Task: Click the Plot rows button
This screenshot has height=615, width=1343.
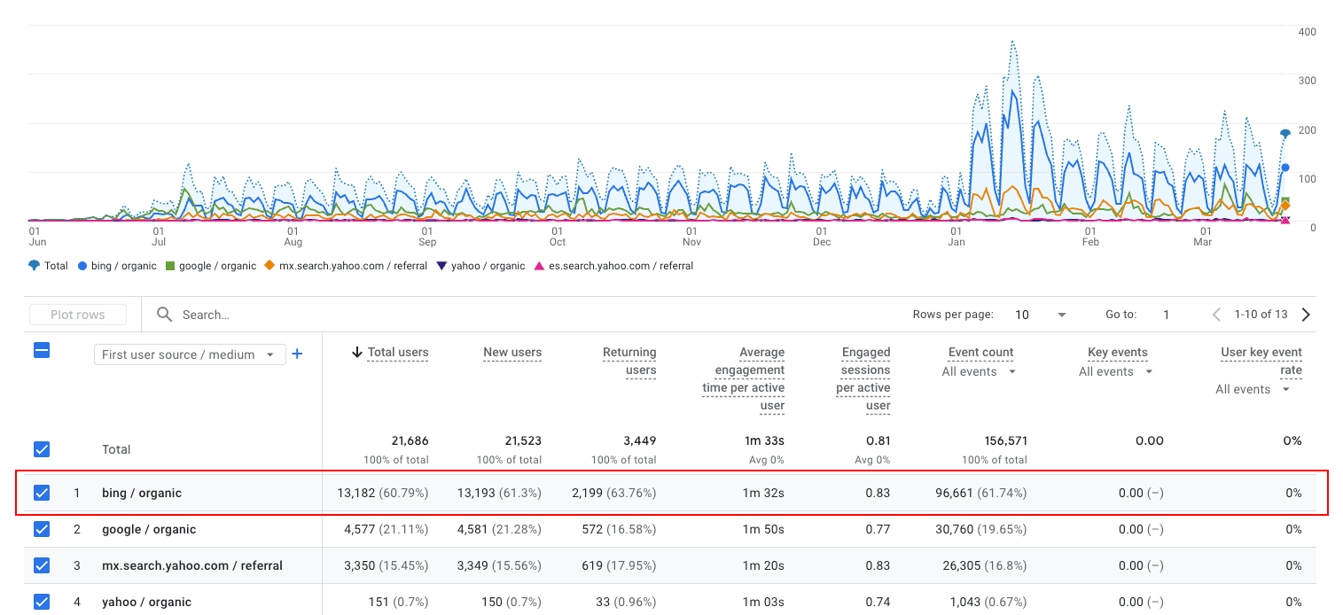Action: coord(78,315)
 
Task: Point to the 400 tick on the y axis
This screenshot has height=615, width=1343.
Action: coord(1307,32)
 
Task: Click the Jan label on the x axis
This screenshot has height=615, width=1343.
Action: coord(956,242)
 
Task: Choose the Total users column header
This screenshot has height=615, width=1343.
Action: coord(397,352)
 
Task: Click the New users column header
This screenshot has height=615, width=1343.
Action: coord(511,352)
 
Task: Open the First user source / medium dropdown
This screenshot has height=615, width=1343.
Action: coord(190,354)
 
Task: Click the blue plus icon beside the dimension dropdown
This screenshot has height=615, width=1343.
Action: coord(298,354)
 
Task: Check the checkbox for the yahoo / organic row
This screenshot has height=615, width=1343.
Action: coord(42,602)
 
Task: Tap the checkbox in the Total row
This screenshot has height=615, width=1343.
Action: coord(42,449)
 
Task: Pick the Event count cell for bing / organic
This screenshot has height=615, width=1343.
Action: coord(980,493)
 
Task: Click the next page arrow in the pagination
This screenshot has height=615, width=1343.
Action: coord(1306,315)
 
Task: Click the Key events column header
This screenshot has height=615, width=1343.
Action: coord(1117,352)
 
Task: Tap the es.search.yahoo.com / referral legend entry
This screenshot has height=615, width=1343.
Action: coord(613,266)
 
